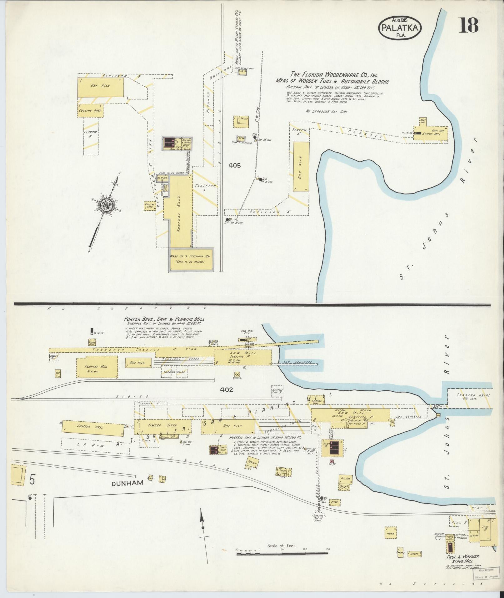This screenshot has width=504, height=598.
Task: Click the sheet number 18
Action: pos(468,25)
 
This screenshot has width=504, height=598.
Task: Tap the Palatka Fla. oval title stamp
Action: pos(400,28)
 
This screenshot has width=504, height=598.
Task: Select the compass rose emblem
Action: pos(106,205)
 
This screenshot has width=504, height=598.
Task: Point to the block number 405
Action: pos(234,165)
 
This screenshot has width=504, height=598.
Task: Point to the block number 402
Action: pos(227,389)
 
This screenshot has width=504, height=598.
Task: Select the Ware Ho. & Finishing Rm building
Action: pos(191,259)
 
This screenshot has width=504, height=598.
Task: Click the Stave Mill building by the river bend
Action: pos(431,133)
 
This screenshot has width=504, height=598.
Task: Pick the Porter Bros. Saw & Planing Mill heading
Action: pos(164,319)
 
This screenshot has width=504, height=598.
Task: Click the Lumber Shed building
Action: pos(93,427)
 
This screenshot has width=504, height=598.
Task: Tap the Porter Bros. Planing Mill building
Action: pos(97,367)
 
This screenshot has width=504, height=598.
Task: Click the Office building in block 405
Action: pos(241,122)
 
